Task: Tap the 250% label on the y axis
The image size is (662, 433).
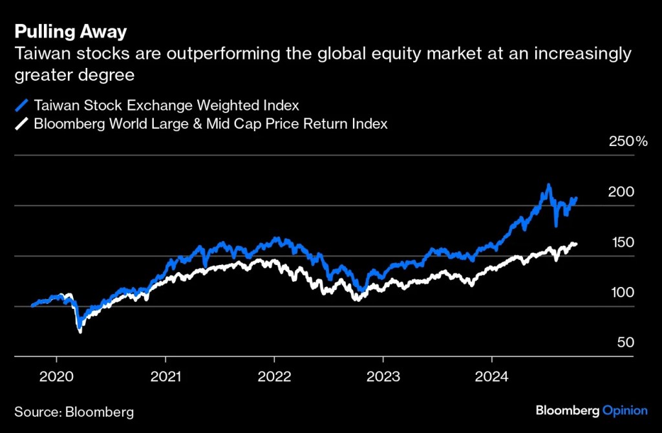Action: [x=628, y=142]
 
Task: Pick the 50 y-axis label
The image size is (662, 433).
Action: [x=625, y=343]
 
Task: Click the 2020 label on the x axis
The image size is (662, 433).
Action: [x=57, y=376]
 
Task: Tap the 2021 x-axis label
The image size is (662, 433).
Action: [x=165, y=376]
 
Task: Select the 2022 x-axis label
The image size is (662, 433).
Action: [x=274, y=376]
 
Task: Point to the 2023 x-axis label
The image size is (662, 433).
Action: [x=383, y=376]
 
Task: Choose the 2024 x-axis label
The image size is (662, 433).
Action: [x=491, y=376]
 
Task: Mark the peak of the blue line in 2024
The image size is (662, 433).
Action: [x=548, y=185]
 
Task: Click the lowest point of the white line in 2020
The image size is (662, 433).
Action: [x=80, y=331]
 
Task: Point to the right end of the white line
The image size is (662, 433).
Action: [x=576, y=244]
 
